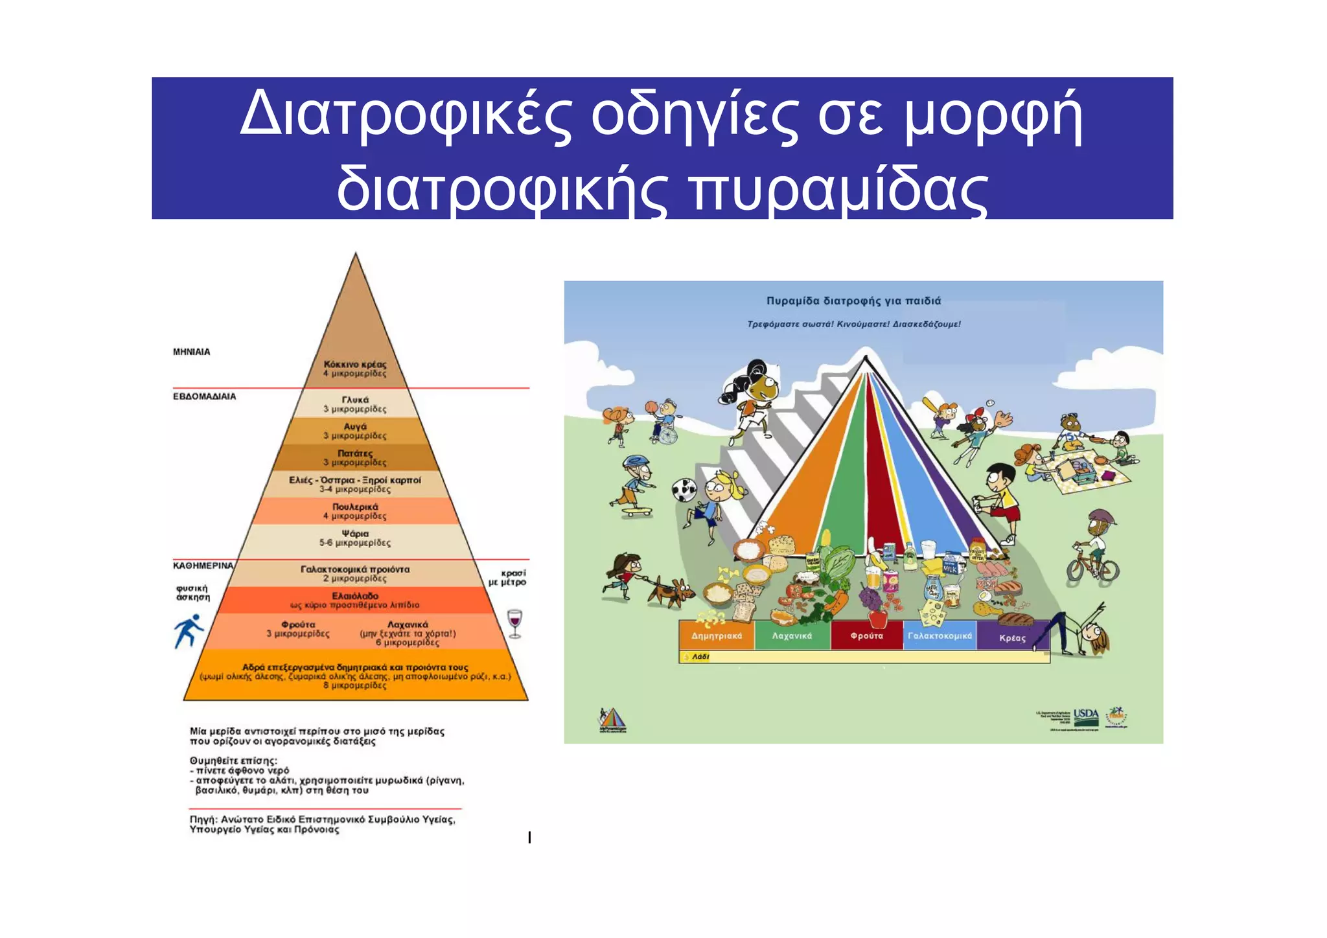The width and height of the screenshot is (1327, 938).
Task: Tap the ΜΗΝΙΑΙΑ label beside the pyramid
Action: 191,352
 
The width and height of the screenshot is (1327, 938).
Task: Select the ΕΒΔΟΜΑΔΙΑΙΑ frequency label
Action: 204,396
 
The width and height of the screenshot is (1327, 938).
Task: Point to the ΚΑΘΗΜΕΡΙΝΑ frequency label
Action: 203,566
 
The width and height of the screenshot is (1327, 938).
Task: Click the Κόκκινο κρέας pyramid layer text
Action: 355,365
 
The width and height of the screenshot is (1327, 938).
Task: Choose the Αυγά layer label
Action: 355,427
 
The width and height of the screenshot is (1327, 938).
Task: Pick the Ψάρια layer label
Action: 355,534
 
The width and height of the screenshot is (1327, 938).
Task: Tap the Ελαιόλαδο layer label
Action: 355,596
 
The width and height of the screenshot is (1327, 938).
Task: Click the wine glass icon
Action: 514,623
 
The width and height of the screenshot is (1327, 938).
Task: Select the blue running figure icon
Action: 189,631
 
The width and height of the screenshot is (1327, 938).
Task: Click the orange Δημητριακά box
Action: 717,635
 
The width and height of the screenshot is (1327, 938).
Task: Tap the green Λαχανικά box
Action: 792,635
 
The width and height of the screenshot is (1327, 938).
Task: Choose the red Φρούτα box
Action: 867,635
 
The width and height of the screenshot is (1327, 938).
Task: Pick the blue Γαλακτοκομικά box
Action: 940,635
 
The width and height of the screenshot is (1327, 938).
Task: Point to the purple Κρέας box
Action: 1012,637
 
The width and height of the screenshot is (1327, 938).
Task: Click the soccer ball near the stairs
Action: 684,490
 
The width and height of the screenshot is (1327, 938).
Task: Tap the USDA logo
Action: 1086,716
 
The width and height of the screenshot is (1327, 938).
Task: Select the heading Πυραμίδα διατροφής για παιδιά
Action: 853,301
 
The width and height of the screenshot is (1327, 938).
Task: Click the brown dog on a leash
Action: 671,591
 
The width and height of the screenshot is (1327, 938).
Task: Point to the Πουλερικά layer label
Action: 355,507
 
